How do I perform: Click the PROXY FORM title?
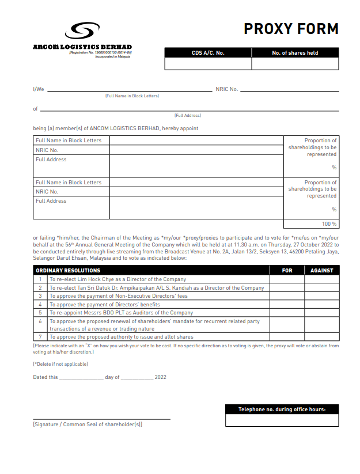coord(291,29)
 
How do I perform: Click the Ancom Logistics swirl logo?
coord(83,32)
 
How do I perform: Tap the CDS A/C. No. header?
coord(208,53)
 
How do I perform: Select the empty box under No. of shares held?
coord(295,64)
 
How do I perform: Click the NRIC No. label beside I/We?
coord(226,89)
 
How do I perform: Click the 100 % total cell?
coord(311,223)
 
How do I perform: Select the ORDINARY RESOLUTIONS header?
coord(68,270)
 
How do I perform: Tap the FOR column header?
coord(287,270)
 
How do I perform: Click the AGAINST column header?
coord(321,270)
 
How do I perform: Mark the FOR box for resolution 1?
coord(287,279)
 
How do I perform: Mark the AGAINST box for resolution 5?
coord(321,313)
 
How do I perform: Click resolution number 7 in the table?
coord(40,337)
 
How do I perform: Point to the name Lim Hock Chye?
coord(90,279)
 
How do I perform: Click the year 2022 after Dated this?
coord(160,377)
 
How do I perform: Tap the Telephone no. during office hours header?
coord(282,409)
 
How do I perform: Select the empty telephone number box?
coord(282,420)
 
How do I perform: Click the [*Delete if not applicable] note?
coord(60,364)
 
